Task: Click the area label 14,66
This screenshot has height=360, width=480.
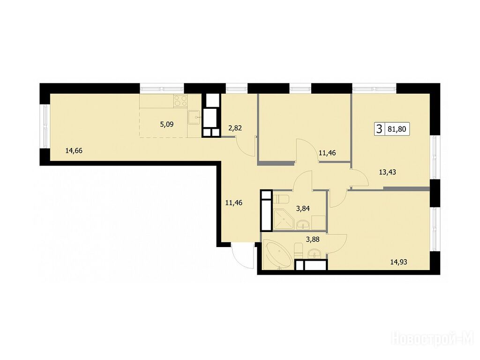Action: coord(74,150)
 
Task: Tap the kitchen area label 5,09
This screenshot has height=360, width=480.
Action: coord(166,125)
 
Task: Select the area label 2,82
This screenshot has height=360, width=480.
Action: coord(235,128)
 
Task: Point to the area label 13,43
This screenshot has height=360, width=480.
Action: coord(387,172)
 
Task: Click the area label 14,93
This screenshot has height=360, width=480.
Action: coord(398,262)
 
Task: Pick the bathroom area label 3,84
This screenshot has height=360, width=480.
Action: coord(303,209)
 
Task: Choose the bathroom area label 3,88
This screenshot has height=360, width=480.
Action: coord(313,240)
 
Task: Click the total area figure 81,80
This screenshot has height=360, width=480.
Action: coord(397,129)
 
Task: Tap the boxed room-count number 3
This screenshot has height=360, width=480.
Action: coord(379,129)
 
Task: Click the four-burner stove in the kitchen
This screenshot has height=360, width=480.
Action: coord(180,101)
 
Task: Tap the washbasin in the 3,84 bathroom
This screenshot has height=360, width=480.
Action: coord(303,225)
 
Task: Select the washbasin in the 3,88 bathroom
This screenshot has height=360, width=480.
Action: coord(315,254)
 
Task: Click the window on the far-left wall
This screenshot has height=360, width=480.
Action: coord(45,127)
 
